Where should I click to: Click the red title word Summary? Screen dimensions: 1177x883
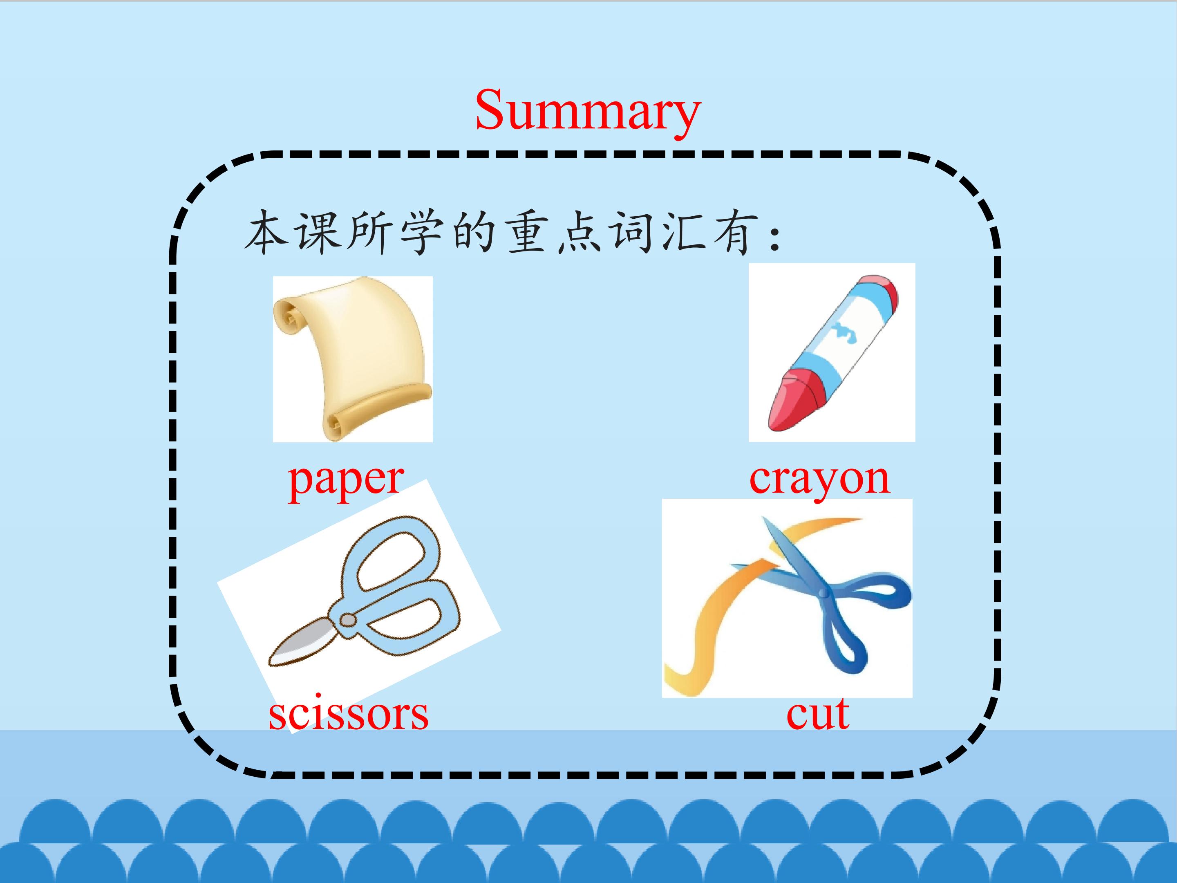[588, 112]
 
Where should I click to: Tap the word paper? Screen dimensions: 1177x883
[346, 481]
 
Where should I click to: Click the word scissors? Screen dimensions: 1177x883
[349, 714]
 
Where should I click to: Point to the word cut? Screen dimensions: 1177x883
[818, 714]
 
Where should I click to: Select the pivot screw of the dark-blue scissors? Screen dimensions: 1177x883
[824, 593]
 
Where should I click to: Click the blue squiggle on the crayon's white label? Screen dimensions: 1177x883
[846, 333]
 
